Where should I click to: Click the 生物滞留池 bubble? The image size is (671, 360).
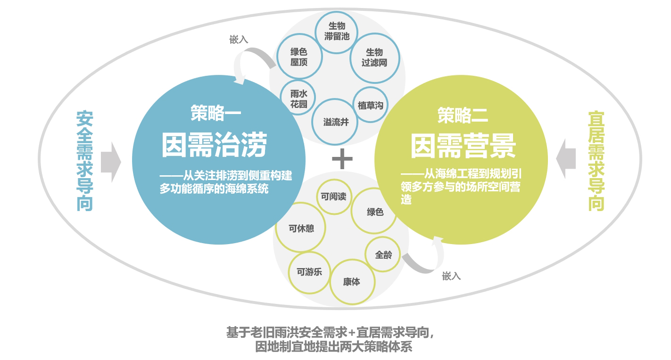pos(336,33)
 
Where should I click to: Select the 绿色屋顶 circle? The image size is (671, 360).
pos(299,56)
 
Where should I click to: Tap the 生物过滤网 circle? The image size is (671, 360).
pos(374,58)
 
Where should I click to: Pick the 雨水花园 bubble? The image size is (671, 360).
pos(298,98)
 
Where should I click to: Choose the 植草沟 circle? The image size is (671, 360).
pos(371,105)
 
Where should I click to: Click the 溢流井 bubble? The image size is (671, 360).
pos(335,122)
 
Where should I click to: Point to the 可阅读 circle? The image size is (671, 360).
pos(334,196)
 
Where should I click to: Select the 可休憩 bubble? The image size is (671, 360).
pos(300,227)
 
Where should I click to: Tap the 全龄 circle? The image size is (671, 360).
pos(383,254)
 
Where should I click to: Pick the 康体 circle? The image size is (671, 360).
pos(352,282)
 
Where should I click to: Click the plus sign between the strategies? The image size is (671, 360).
pos(342,159)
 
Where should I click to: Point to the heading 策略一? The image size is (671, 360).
pos(216,113)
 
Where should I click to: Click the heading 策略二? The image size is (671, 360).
pos(463,115)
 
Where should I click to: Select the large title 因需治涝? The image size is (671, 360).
pos(215,145)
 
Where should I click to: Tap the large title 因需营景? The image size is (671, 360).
pos(463,146)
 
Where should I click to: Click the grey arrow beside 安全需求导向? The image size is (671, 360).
pos(111,162)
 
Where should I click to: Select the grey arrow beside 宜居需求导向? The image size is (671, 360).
pos(566,159)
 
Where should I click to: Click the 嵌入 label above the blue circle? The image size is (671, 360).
pos(239,40)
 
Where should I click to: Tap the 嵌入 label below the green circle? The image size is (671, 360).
pos(451,276)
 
